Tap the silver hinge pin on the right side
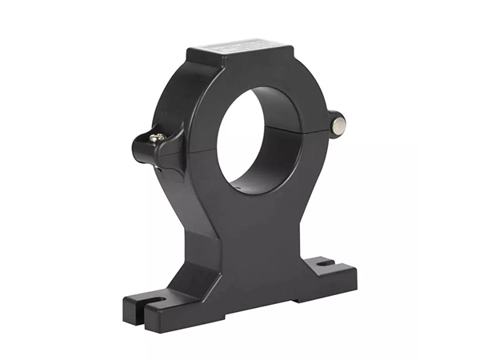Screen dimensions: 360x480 click(339, 124)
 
